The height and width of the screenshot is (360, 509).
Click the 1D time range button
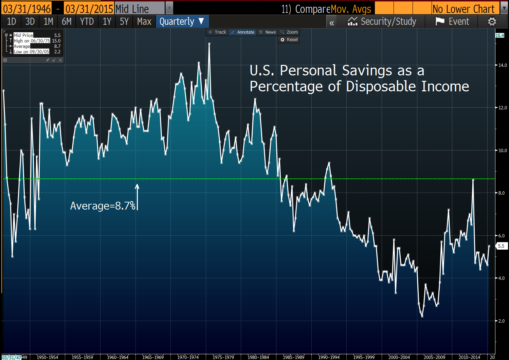(x=12, y=22)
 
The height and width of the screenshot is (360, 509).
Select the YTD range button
(x=87, y=22)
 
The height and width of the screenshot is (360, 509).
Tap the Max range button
(x=144, y=22)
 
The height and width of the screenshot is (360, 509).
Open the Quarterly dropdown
(x=182, y=22)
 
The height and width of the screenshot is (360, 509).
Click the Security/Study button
(x=382, y=22)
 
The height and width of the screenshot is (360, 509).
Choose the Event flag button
(x=452, y=22)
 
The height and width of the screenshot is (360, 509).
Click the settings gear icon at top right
(x=492, y=22)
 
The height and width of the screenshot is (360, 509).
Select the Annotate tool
(x=242, y=32)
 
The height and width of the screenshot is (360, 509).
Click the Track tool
(x=217, y=32)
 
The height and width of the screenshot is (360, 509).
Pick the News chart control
(x=268, y=32)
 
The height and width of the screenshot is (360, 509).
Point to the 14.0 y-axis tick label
(x=503, y=65)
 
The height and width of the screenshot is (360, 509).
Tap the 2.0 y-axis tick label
(x=501, y=321)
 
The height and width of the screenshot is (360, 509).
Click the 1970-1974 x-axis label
(x=188, y=357)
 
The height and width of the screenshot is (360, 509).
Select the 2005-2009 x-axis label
(x=434, y=357)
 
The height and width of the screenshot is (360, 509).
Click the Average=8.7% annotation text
(x=103, y=206)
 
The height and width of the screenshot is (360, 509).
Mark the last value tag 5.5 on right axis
(x=501, y=246)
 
